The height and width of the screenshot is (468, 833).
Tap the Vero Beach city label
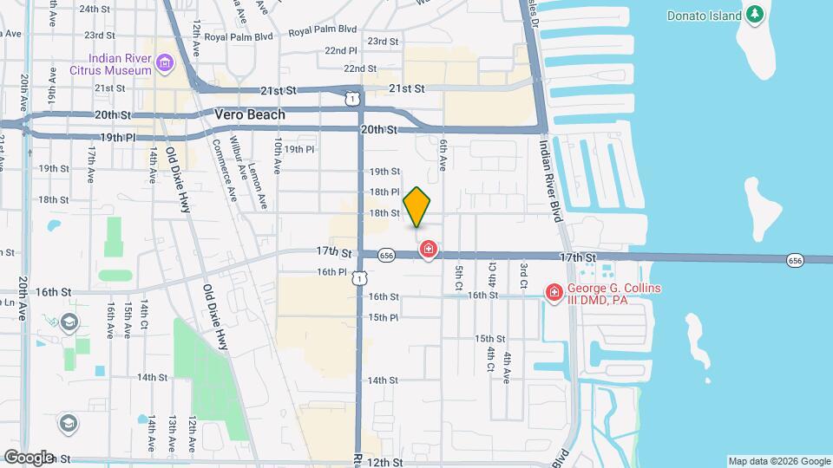pyautogui.click(x=250, y=115)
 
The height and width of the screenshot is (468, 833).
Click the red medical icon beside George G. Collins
pyautogui.click(x=554, y=295)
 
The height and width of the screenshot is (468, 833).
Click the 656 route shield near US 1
pyautogui.click(x=387, y=256)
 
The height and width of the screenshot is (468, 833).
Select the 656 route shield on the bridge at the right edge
pyautogui.click(x=794, y=260)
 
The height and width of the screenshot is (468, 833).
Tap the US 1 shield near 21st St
pyautogui.click(x=351, y=99)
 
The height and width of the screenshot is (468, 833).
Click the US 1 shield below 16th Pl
pyautogui.click(x=360, y=277)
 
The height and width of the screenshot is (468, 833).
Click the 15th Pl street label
pyautogui.click(x=383, y=317)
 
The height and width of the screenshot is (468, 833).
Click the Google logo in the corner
pyautogui.click(x=28, y=458)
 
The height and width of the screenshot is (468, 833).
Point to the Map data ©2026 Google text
pyautogui.click(x=779, y=461)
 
